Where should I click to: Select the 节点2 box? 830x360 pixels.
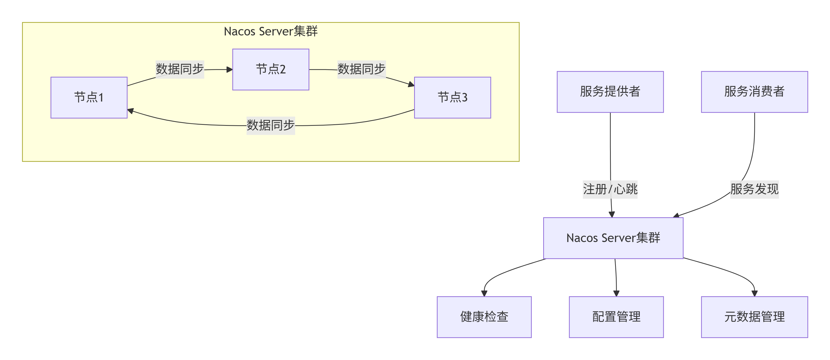(271, 70)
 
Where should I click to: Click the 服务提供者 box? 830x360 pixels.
(610, 92)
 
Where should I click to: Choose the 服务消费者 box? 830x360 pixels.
(755, 92)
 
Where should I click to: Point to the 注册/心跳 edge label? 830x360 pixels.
(610, 189)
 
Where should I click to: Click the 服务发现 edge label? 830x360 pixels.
(755, 189)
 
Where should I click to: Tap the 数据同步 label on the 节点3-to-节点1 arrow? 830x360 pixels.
(271, 125)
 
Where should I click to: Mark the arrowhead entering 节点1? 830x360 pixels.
(131, 111)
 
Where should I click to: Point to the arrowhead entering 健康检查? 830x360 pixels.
(484, 293)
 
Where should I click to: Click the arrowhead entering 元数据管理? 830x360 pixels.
(754, 293)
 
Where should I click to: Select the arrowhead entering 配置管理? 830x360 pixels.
(616, 293)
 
